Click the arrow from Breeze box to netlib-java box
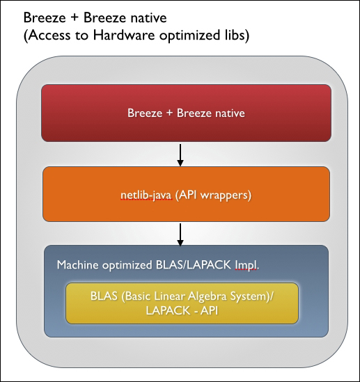(x=180, y=155)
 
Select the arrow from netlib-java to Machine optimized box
(x=180, y=234)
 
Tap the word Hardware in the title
(x=124, y=35)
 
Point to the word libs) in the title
(x=235, y=35)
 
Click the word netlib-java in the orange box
(x=146, y=195)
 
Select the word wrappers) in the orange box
(x=226, y=196)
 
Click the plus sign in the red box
(x=170, y=113)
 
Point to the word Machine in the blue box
(x=77, y=265)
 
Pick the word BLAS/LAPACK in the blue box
(x=194, y=265)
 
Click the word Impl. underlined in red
(x=246, y=265)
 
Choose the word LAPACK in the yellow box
(x=169, y=310)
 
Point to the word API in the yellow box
(x=209, y=310)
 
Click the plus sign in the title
(x=75, y=18)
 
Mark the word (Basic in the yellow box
(x=136, y=296)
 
